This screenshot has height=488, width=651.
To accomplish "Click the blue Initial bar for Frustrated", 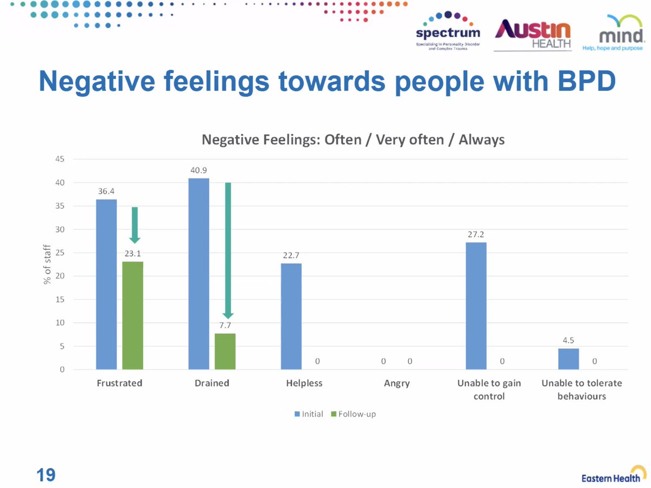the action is pos(106,284).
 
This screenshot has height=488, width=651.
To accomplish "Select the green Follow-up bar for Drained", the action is pos(225,352).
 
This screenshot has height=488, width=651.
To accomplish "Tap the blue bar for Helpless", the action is pos(291,316).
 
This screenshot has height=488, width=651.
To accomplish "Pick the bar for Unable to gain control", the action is pos(476,306).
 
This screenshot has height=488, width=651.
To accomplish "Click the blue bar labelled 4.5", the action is pos(569,359).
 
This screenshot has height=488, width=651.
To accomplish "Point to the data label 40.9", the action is pos(199,170).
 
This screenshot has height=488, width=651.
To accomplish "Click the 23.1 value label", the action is pos(132,253).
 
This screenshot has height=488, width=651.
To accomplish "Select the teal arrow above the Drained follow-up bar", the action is pos(228,251).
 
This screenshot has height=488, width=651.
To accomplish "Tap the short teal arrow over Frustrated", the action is pos(135,225).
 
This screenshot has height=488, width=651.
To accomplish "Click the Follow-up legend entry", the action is pos(354,414).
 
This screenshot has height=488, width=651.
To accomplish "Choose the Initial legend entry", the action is pos(309,414).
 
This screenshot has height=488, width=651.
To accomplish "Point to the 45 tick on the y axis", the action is pos(60,159).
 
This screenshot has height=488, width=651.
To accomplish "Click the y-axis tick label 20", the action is pos(60,276).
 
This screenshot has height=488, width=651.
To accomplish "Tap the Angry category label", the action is pos(397,383).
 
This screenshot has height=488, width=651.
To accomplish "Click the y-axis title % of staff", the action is pos(47,264).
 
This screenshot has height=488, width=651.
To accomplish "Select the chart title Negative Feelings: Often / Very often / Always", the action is pos(353,140).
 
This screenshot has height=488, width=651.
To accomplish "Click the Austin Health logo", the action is pos(533,35).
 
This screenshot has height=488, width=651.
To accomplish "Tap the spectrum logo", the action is pos(448,31).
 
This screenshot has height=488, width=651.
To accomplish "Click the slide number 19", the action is pos(46,475).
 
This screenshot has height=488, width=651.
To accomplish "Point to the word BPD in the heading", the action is pos(586,81).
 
